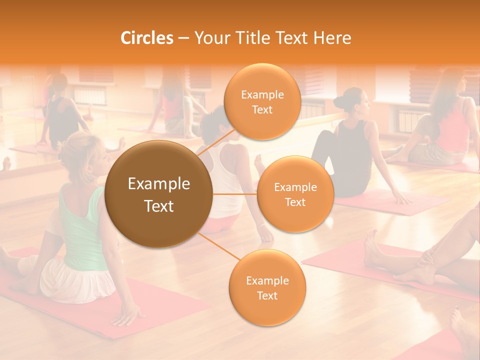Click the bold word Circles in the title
point(146,38)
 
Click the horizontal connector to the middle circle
point(235,193)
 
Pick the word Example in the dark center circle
point(159,184)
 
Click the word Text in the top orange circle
point(262,109)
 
